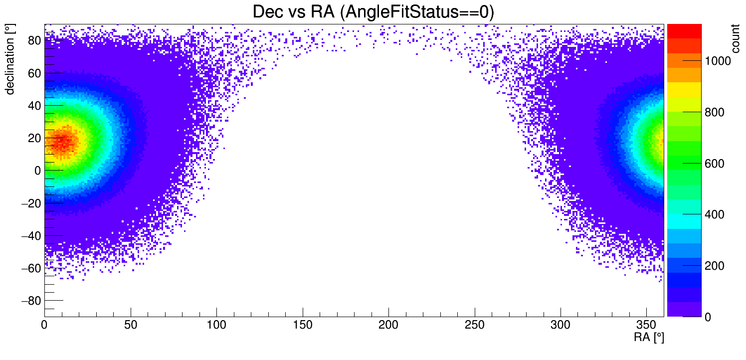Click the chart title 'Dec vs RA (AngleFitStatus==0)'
[373, 11]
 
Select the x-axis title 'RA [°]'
[649, 338]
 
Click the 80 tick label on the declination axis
[34, 41]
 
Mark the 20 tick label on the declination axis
[34, 138]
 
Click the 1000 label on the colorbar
[718, 61]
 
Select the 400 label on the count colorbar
[715, 215]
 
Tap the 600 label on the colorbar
[715, 164]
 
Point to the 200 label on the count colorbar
[715, 266]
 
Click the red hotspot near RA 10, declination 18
[62, 142]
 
